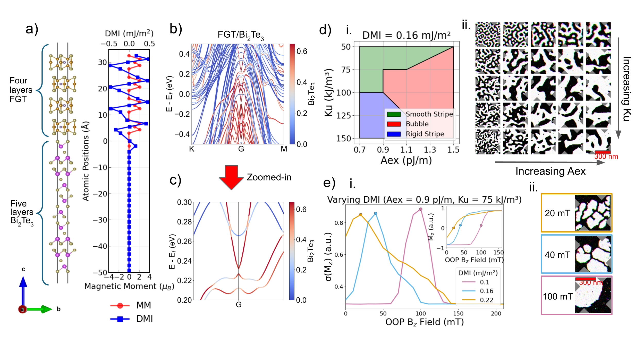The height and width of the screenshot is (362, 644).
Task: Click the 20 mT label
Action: [x=557, y=213]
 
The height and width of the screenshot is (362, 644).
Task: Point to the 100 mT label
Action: [x=557, y=297]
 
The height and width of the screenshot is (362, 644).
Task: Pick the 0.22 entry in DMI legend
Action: [x=486, y=300]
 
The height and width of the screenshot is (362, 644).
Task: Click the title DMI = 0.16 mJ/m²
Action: [x=406, y=35]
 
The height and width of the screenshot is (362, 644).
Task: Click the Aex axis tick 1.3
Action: [x=430, y=150]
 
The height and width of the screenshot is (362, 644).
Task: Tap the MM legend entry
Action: [x=143, y=305]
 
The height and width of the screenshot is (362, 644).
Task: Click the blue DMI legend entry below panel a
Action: [x=144, y=319]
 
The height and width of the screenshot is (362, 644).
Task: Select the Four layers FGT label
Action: [x=21, y=90]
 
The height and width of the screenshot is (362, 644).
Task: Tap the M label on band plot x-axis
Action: [x=284, y=149]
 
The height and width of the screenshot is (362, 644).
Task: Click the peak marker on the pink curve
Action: [x=421, y=209]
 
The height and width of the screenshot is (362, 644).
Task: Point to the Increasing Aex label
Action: [x=550, y=171]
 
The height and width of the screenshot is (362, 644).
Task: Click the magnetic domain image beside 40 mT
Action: [x=592, y=254]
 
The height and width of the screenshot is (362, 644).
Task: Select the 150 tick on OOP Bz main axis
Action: [x=458, y=314]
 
